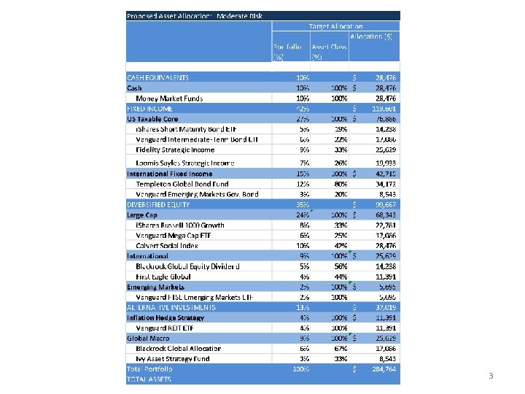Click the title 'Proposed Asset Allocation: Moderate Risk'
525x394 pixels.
click(194, 16)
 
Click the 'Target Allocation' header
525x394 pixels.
click(335, 26)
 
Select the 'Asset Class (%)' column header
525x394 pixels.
click(329, 51)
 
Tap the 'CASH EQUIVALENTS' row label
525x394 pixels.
click(158, 77)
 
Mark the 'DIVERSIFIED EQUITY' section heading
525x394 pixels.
click(159, 205)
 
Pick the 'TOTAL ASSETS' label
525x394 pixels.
click(149, 379)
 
